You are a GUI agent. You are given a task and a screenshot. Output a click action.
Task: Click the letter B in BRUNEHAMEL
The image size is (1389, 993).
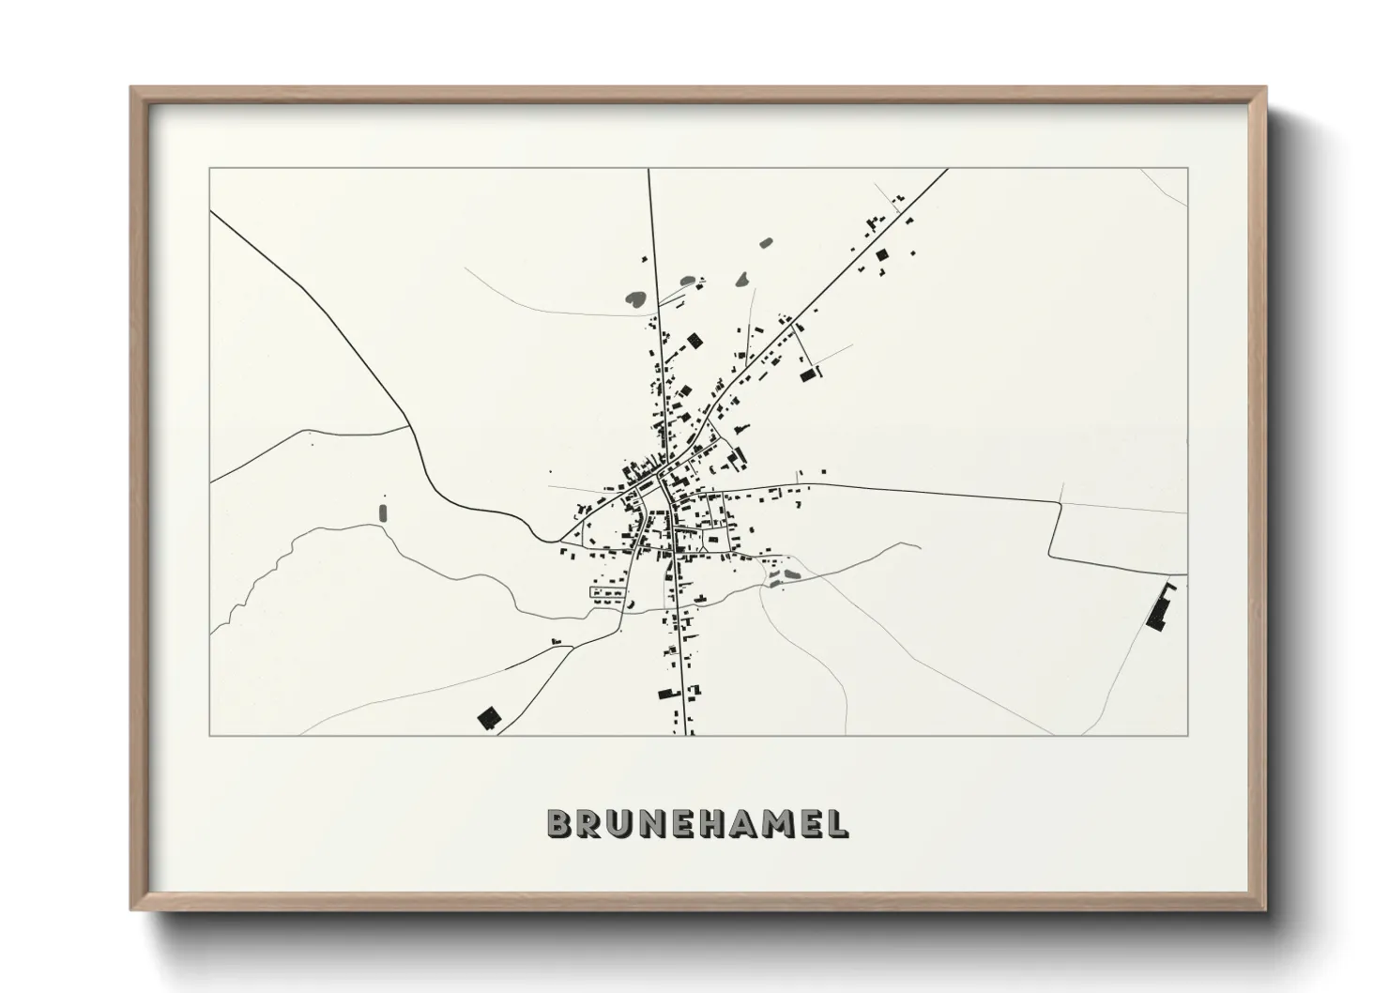(x=560, y=823)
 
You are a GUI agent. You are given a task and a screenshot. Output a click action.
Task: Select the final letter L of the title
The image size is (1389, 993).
(x=836, y=823)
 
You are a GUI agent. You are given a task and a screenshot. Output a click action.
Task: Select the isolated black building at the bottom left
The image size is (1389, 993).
(x=488, y=719)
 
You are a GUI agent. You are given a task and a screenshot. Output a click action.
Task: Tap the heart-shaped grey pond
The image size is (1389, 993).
(x=635, y=299)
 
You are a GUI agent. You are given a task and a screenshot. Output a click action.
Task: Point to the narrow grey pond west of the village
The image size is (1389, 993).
(x=382, y=512)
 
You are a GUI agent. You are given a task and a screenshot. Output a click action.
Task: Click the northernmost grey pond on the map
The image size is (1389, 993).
(x=765, y=243)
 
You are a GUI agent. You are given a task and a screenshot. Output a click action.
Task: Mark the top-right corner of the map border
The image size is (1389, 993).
(x=1187, y=169)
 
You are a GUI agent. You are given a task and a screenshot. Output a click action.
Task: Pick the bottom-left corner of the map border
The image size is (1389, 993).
(x=210, y=735)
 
